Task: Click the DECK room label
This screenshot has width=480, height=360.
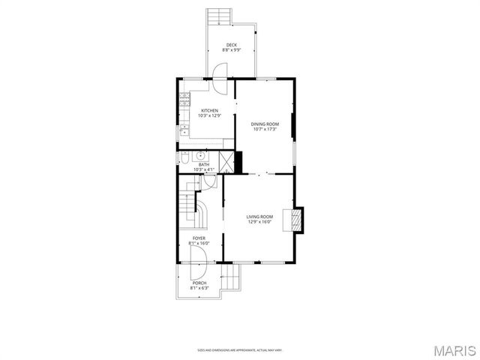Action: pyautogui.click(x=232, y=45)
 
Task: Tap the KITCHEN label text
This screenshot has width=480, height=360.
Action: pyautogui.click(x=209, y=110)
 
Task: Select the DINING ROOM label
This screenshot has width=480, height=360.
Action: pyautogui.click(x=264, y=124)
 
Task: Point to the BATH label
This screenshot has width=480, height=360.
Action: pyautogui.click(x=204, y=164)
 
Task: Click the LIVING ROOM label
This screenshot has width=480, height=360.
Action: pyautogui.click(x=259, y=217)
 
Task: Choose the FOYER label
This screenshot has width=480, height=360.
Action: pyautogui.click(x=199, y=238)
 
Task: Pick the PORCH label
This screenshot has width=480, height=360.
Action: pyautogui.click(x=199, y=283)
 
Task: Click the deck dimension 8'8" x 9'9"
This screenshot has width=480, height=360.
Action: pyautogui.click(x=232, y=50)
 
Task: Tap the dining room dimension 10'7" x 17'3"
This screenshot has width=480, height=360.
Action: pyautogui.click(x=264, y=129)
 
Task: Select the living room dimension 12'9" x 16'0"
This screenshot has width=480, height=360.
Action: pyautogui.click(x=259, y=222)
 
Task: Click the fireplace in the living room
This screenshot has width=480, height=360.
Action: pyautogui.click(x=297, y=219)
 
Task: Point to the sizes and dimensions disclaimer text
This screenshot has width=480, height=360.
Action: pyautogui.click(x=239, y=349)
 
